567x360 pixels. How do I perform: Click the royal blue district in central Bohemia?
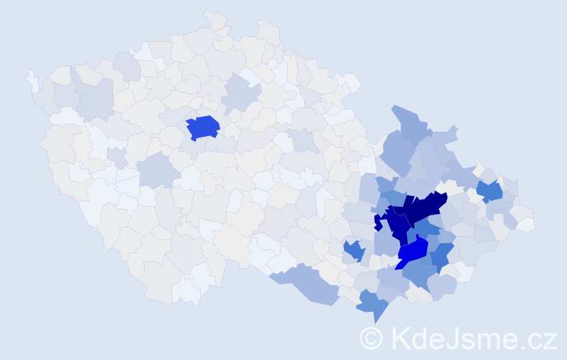click(202, 127)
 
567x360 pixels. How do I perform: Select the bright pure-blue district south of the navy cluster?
click(413, 253)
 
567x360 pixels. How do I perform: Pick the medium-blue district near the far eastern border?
click(489, 191)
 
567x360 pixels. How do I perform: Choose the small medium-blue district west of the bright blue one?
click(353, 251)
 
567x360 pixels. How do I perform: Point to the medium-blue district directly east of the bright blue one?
click(441, 254)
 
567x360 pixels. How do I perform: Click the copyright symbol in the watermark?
click(371, 337)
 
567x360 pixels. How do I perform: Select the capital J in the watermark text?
click(462, 337)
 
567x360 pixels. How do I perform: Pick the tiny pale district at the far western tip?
click(32, 81)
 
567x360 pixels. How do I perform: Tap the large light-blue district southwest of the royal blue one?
click(157, 171)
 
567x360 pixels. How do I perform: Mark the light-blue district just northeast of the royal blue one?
click(239, 95)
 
